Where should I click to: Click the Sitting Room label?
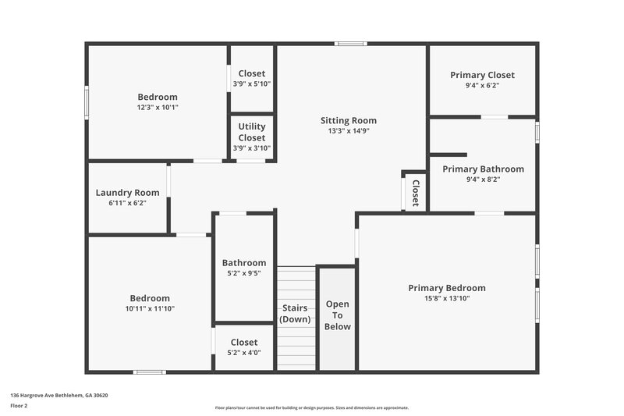(x=349, y=120)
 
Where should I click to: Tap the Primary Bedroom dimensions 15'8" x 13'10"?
(x=447, y=298)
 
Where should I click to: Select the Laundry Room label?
(x=127, y=193)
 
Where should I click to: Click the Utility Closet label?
(x=252, y=132)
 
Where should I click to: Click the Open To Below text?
(x=338, y=315)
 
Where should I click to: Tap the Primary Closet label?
(x=482, y=75)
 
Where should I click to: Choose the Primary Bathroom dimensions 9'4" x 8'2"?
(x=483, y=179)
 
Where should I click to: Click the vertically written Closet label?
(x=416, y=192)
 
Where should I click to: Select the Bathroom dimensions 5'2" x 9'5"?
(x=244, y=273)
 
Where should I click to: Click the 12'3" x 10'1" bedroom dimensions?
(x=158, y=107)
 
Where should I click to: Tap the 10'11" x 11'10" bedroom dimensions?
(x=150, y=308)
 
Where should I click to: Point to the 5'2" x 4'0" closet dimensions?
(x=244, y=352)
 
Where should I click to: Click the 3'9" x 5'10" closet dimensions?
(x=252, y=84)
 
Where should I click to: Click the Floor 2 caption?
(x=19, y=406)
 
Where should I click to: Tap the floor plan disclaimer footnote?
(x=311, y=407)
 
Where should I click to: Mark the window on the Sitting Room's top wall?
(x=351, y=43)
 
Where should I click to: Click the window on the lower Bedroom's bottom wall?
(x=150, y=372)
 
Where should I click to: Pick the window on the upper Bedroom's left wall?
(x=87, y=101)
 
